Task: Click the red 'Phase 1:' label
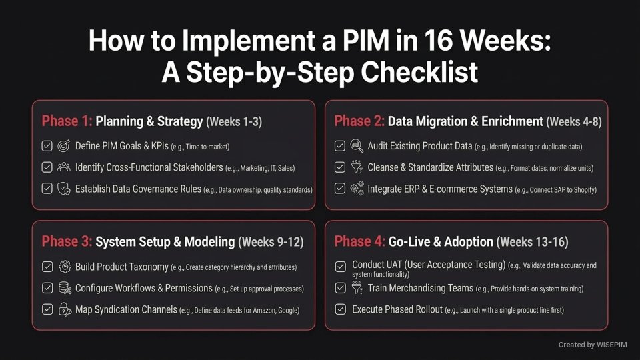[67, 121]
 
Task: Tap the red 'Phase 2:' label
[359, 121]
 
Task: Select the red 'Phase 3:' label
[67, 241]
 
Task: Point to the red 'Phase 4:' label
[359, 241]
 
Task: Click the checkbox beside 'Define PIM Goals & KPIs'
[47, 146]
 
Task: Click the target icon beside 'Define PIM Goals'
[65, 146]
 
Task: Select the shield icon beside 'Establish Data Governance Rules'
[65, 189]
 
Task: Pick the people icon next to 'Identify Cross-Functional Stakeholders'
[65, 167]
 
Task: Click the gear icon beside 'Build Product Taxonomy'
[65, 267]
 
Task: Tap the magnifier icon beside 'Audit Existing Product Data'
[357, 146]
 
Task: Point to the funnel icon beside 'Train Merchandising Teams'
[357, 288]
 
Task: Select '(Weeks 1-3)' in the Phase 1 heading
[234, 121]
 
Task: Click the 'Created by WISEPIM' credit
[593, 345]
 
